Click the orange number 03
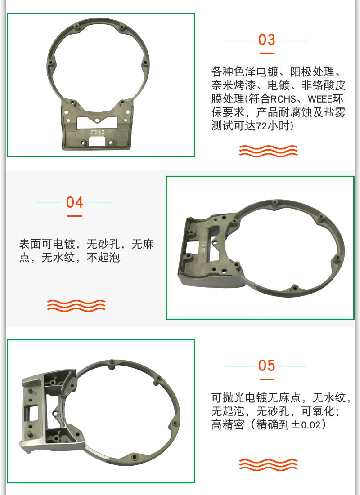[266, 40]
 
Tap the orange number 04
[75, 202]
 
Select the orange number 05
[266, 366]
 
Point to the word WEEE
[320, 99]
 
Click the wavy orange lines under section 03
[268, 151]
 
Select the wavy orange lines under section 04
[76, 305]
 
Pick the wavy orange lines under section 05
[268, 465]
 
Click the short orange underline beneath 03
[267, 53]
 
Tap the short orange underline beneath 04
[75, 216]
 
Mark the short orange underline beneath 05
[267, 379]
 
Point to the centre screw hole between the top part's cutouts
[97, 120]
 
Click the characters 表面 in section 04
[30, 244]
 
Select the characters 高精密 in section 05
[228, 424]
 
